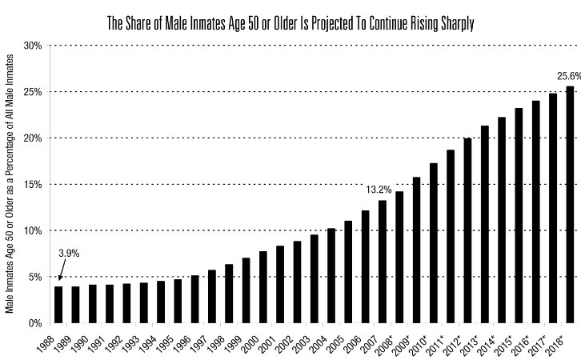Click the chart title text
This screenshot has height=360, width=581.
290,23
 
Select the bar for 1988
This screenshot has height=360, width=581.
58,305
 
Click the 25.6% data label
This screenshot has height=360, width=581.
568,77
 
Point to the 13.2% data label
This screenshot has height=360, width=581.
379,190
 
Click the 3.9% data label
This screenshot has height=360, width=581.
69,254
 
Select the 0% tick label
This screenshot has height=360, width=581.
34,324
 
